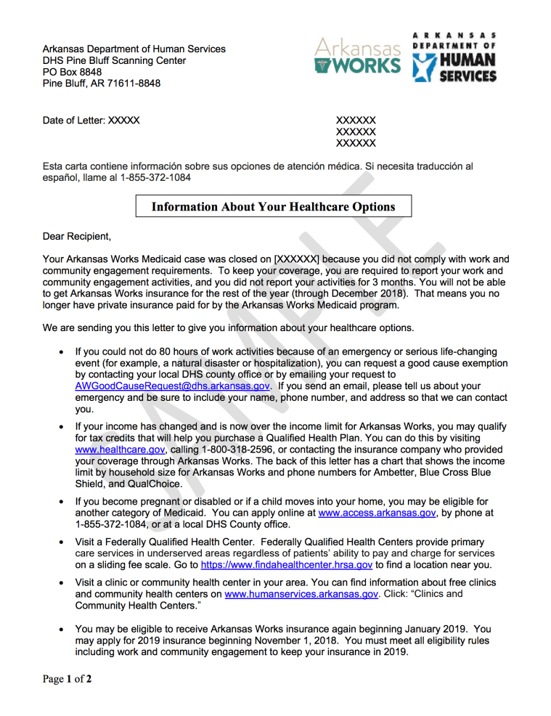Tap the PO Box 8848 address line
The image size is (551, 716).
(73, 72)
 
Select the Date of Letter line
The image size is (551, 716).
(91, 121)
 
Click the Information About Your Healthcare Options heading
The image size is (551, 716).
(274, 207)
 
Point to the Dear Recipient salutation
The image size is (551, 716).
(77, 237)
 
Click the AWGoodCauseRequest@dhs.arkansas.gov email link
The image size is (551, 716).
(173, 386)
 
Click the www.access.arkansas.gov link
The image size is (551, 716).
(377, 513)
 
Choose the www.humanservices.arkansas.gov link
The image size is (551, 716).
(302, 594)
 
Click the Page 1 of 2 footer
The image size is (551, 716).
(67, 680)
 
